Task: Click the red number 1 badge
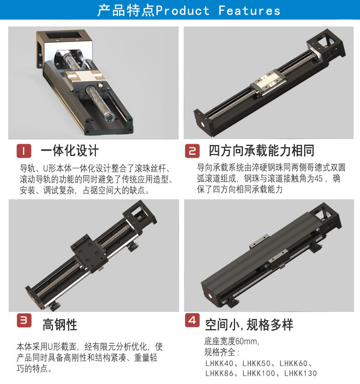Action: [24, 150]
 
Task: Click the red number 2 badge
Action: [192, 150]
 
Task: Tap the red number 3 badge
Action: [24, 320]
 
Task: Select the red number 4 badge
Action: [192, 320]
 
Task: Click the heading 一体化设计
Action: [69, 151]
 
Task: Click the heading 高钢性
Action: [60, 325]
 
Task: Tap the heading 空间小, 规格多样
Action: [249, 324]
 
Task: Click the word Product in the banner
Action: [183, 10]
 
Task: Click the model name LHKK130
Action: [300, 374]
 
